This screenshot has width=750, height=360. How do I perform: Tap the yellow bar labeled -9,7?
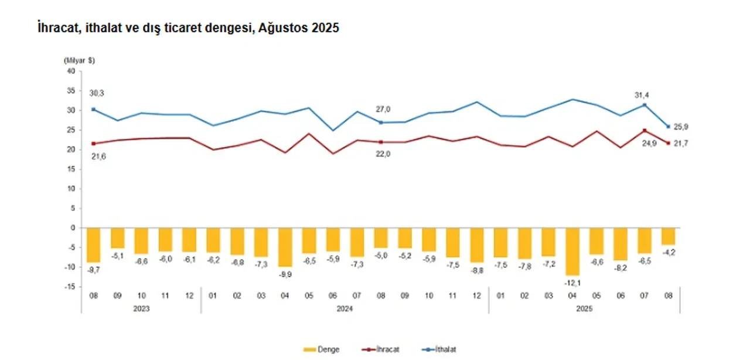click(x=94, y=244)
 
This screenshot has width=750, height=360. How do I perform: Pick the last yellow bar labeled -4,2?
click(x=669, y=236)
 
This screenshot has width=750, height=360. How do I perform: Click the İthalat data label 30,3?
click(x=96, y=93)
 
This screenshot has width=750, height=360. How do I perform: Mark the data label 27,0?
click(x=382, y=108)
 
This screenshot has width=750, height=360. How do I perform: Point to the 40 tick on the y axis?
click(x=71, y=71)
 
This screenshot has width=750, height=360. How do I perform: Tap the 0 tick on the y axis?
click(x=73, y=228)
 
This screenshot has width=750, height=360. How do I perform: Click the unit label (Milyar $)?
click(x=79, y=60)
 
